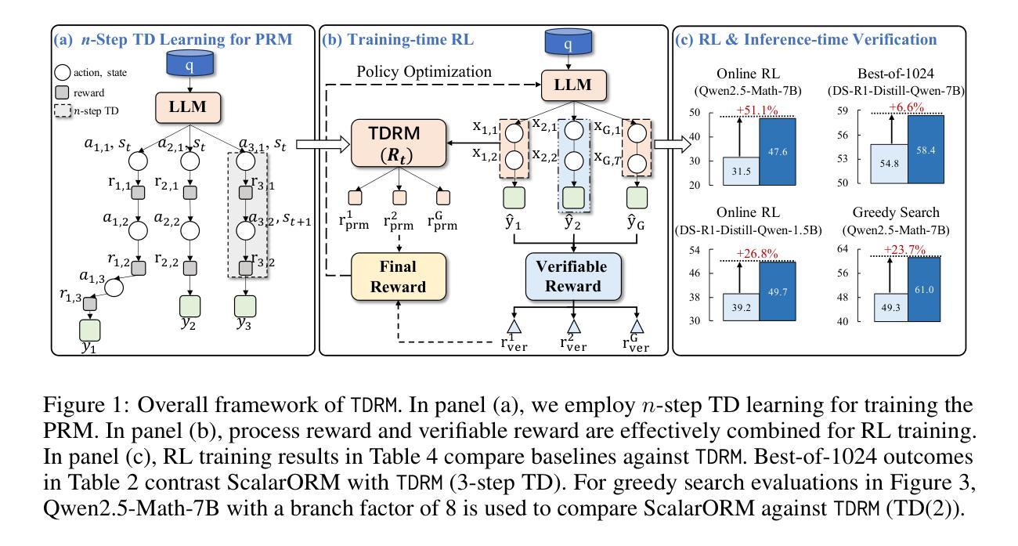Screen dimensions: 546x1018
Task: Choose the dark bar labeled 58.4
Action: click(926, 149)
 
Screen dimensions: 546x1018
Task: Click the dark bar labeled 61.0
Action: click(926, 289)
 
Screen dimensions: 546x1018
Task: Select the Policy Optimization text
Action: click(424, 72)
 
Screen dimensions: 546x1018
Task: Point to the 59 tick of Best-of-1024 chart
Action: click(868, 111)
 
